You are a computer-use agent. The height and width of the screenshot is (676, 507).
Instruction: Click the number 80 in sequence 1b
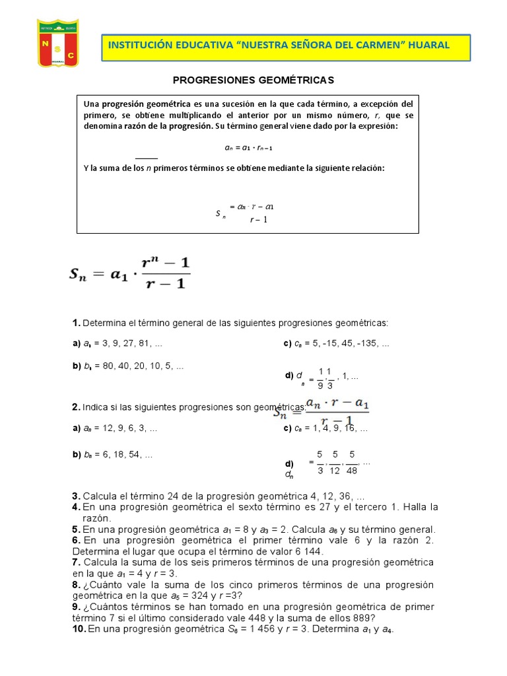[x=102, y=366]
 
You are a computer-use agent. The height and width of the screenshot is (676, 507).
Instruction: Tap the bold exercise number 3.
[x=75, y=496]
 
